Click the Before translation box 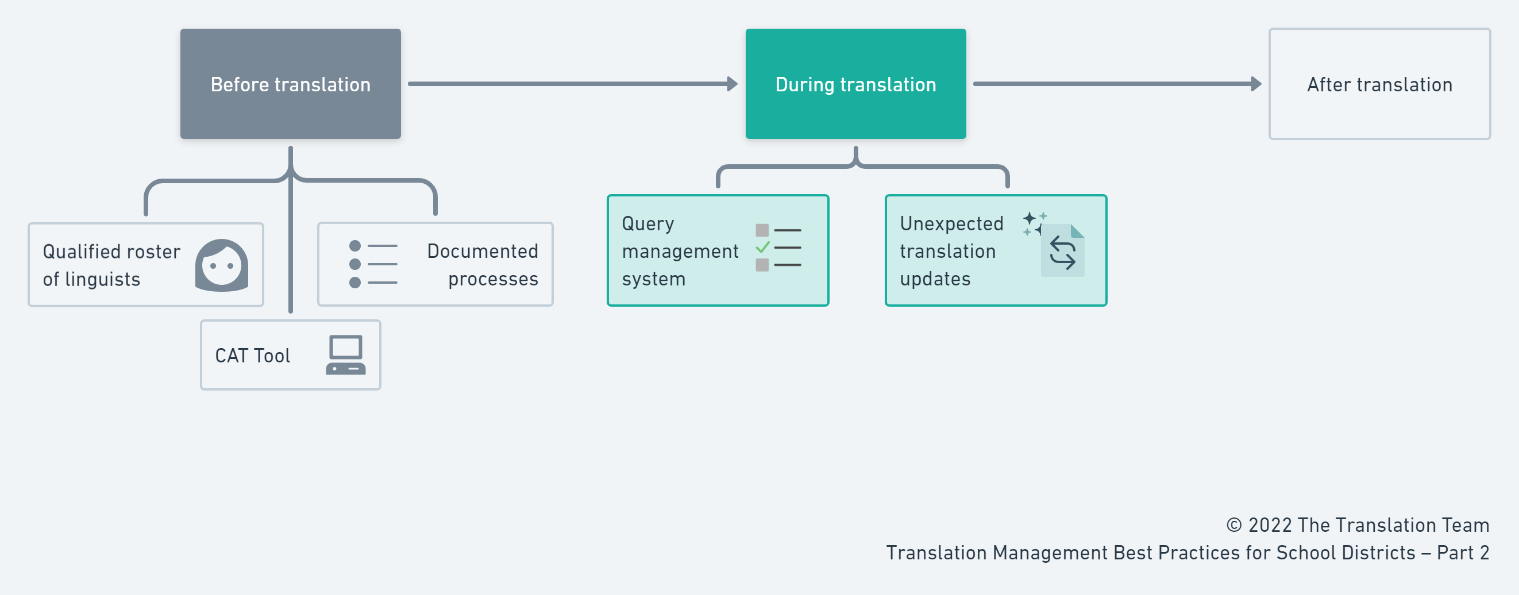[290, 84]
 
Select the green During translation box [855, 84]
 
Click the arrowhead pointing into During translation [732, 84]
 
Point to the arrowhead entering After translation [1256, 84]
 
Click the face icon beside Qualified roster [222, 265]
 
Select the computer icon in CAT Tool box [345, 355]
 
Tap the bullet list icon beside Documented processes [373, 264]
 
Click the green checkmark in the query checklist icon [762, 247]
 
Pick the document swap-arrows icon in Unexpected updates [1063, 252]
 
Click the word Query [647, 223]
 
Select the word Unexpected [951, 223]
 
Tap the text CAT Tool [252, 356]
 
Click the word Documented [483, 251]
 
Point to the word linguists [103, 279]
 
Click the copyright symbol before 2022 [1233, 525]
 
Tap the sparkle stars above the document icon [1033, 223]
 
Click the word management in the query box [680, 251]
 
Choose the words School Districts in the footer [1345, 552]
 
